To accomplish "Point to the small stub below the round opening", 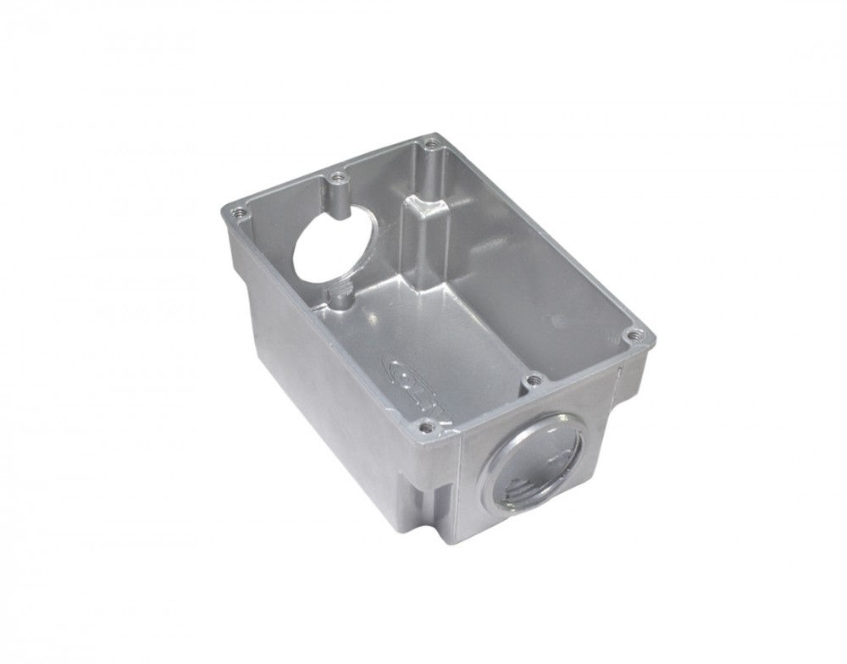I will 340,299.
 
